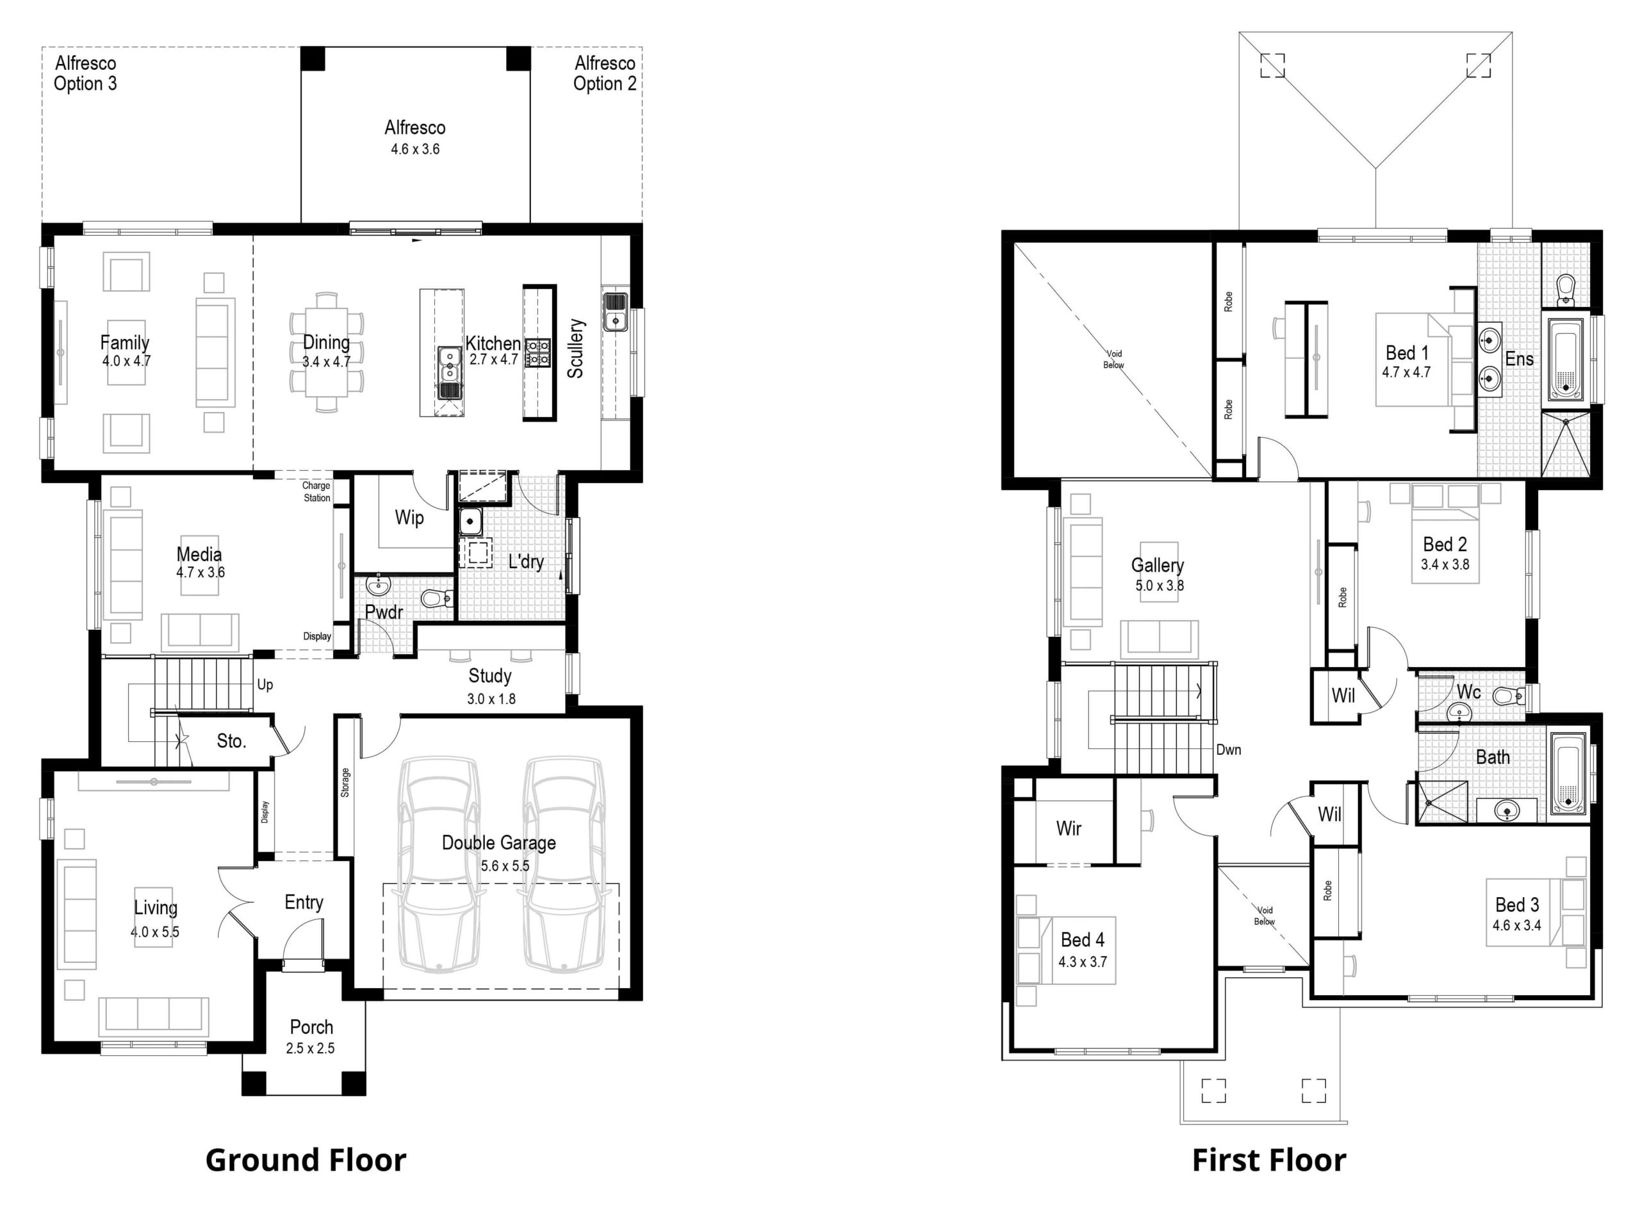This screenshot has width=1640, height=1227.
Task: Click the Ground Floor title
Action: click(306, 1160)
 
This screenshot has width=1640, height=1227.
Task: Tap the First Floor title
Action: click(1268, 1160)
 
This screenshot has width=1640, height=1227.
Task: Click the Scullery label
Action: click(576, 349)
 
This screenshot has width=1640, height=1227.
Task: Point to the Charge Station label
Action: click(316, 491)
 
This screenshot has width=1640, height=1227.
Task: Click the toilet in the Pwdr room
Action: click(437, 598)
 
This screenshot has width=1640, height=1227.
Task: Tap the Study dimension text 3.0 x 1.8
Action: click(491, 698)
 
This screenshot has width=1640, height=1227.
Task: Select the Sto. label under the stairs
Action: click(231, 741)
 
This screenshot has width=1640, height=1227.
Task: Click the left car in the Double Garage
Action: click(438, 864)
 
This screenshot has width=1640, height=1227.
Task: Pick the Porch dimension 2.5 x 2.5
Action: click(310, 1048)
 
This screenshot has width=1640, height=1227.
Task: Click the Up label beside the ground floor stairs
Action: click(265, 684)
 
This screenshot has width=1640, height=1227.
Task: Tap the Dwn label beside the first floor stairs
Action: click(1229, 750)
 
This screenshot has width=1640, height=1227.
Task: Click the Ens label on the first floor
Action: click(1519, 359)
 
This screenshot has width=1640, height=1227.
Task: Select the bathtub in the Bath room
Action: click(1568, 774)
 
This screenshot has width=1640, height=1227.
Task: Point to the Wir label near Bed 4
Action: click(1069, 828)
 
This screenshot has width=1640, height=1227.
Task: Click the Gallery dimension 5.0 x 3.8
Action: click(1160, 586)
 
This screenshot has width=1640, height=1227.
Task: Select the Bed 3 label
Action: click(1517, 905)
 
